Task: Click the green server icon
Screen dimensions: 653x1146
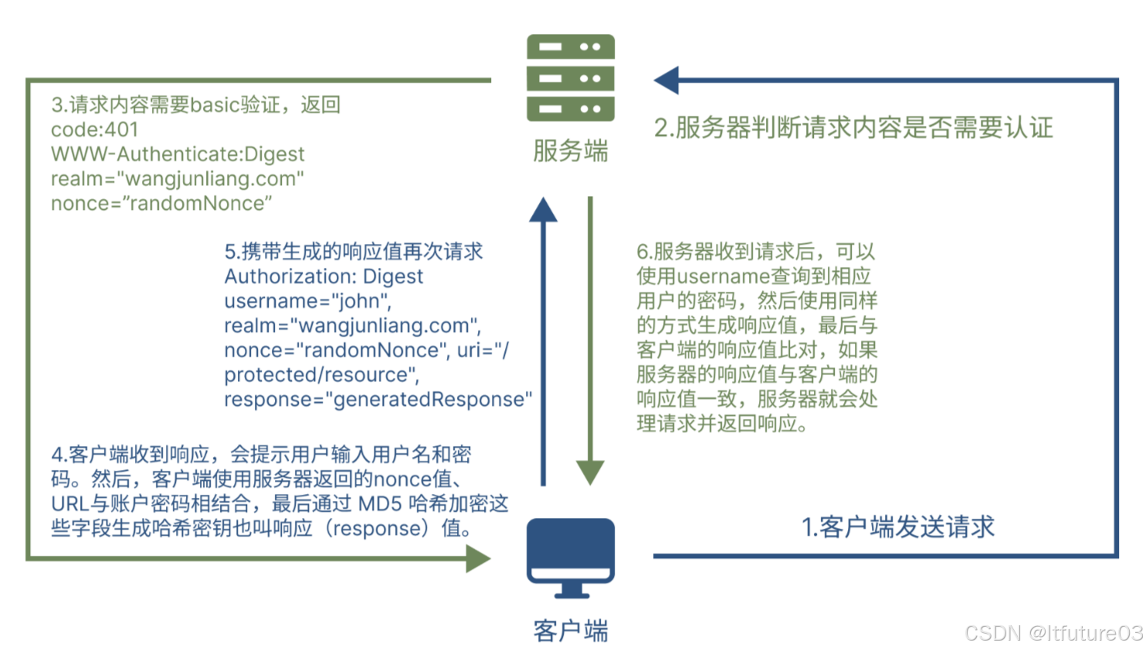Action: click(x=571, y=77)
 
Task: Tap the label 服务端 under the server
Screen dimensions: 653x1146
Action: click(x=571, y=151)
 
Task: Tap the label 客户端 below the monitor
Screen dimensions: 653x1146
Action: click(x=571, y=631)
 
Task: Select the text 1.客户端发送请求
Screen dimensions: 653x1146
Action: click(x=898, y=527)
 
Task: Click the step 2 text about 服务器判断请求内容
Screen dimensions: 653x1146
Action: click(x=853, y=127)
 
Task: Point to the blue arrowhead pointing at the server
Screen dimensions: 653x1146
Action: click(x=666, y=80)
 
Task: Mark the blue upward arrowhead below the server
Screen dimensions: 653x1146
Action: click(x=544, y=210)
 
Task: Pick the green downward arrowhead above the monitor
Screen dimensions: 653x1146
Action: click(x=590, y=472)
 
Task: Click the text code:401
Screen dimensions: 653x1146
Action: click(x=94, y=130)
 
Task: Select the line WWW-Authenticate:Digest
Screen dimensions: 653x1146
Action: click(x=178, y=154)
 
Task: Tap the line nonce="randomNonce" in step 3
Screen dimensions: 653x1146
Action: click(x=161, y=204)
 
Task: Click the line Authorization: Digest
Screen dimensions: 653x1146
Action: click(x=324, y=276)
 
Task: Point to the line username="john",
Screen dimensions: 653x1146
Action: click(x=307, y=301)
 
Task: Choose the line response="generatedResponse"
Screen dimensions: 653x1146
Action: click(x=378, y=400)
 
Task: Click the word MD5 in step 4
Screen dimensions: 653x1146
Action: click(x=380, y=504)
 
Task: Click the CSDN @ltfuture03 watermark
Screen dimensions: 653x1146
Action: click(x=1053, y=633)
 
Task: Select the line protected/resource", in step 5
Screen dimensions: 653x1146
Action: click(x=321, y=375)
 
